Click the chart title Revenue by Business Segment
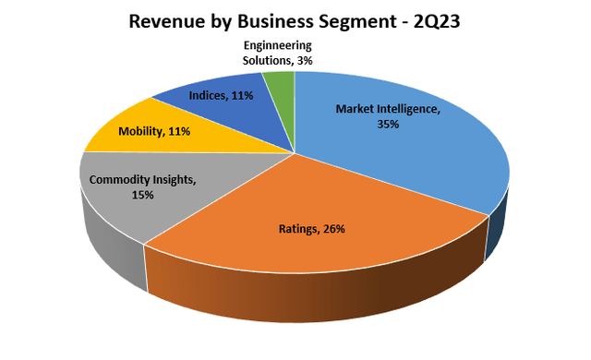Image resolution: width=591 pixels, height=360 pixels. coord(295,19)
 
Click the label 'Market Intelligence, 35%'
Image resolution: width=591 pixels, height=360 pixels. coord(387,115)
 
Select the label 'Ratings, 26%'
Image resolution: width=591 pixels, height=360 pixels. coord(311,229)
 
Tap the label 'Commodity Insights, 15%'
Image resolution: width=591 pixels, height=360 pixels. coord(142,187)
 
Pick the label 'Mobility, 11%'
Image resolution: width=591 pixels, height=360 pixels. coord(154,131)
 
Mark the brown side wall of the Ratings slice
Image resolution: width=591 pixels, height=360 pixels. coord(314,295)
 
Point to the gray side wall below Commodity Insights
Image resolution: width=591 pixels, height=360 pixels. coord(111,254)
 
